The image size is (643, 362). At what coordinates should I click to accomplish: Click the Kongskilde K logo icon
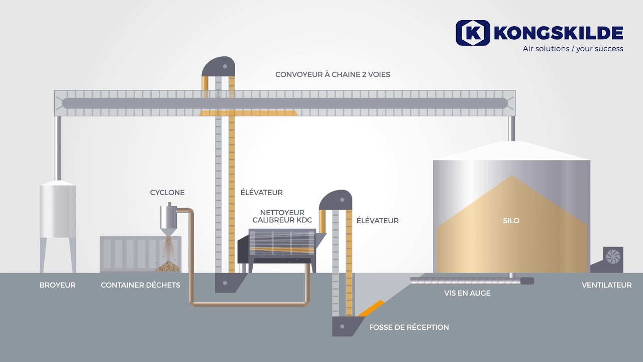pyautogui.click(x=473, y=33)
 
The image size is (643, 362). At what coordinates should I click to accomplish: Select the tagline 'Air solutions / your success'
pyautogui.click(x=573, y=49)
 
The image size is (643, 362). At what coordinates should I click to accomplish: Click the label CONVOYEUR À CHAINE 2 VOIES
pyautogui.click(x=333, y=74)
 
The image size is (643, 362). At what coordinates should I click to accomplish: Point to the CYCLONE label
pyautogui.click(x=167, y=193)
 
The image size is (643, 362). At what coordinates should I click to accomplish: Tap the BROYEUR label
pyautogui.click(x=57, y=285)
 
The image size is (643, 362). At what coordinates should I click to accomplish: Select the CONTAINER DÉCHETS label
pyautogui.click(x=140, y=285)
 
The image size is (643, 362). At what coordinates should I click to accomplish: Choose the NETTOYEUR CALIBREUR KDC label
pyautogui.click(x=282, y=216)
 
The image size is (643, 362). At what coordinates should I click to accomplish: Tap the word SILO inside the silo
pyautogui.click(x=511, y=221)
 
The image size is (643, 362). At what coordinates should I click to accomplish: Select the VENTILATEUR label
pyautogui.click(x=606, y=285)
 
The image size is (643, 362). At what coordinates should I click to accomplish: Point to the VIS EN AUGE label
pyautogui.click(x=467, y=293)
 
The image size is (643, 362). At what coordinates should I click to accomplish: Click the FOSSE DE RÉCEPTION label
pyautogui.click(x=409, y=327)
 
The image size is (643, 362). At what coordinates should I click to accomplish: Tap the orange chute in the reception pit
pyautogui.click(x=371, y=308)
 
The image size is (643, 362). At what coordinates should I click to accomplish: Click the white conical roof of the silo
pyautogui.click(x=511, y=150)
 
